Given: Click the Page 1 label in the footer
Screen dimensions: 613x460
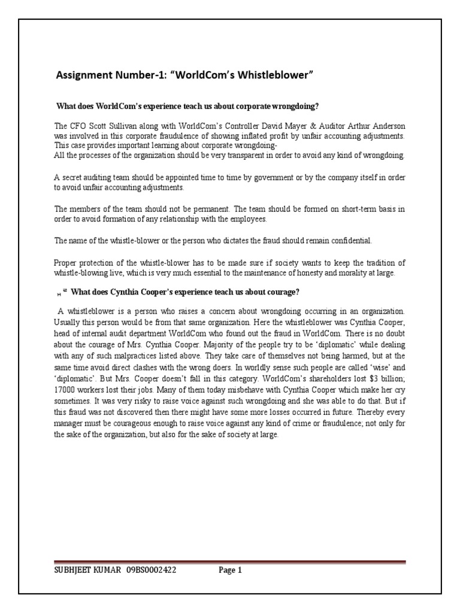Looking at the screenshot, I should [x=229, y=570].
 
